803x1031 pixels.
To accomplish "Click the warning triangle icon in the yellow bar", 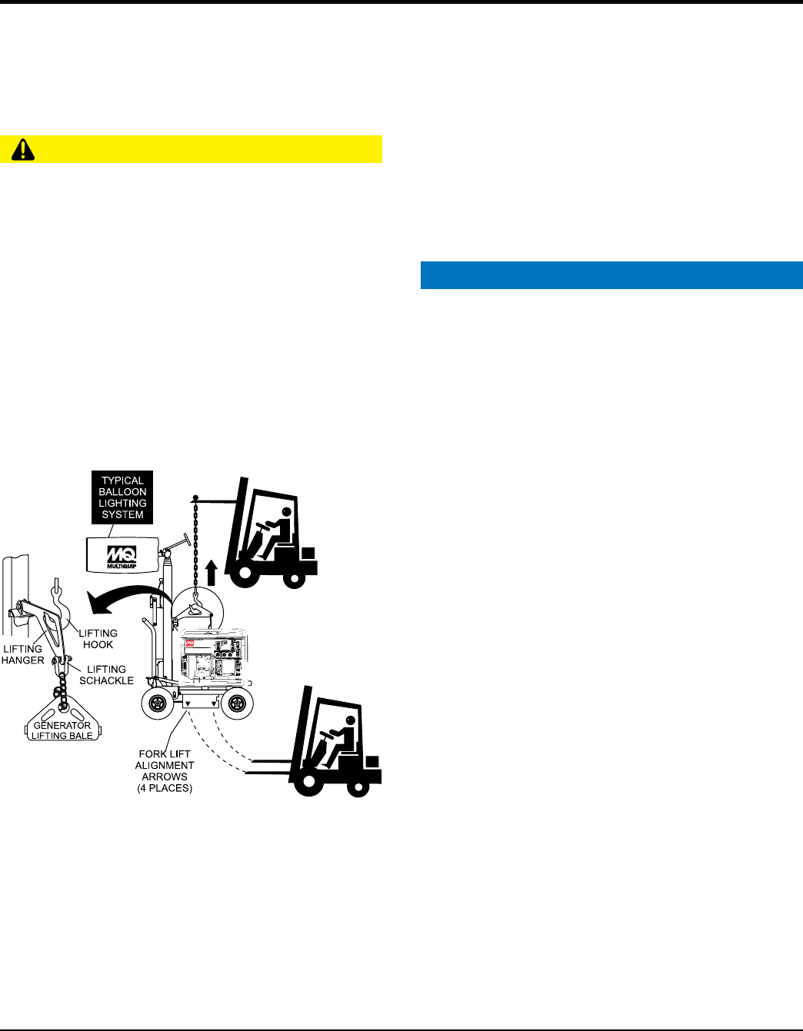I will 22,149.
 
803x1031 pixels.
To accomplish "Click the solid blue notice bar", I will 611,275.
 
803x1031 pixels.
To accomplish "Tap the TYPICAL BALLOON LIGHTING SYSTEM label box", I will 122,497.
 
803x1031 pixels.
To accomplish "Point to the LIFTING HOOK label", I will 98,639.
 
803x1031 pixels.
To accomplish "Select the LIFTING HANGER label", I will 22,654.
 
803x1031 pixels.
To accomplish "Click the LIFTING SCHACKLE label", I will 106,674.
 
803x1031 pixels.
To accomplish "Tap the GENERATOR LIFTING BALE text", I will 62,730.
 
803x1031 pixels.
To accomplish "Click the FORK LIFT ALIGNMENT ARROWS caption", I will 165,770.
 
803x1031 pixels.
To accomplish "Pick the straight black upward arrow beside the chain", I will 212,574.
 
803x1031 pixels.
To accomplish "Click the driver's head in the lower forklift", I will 351,722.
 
